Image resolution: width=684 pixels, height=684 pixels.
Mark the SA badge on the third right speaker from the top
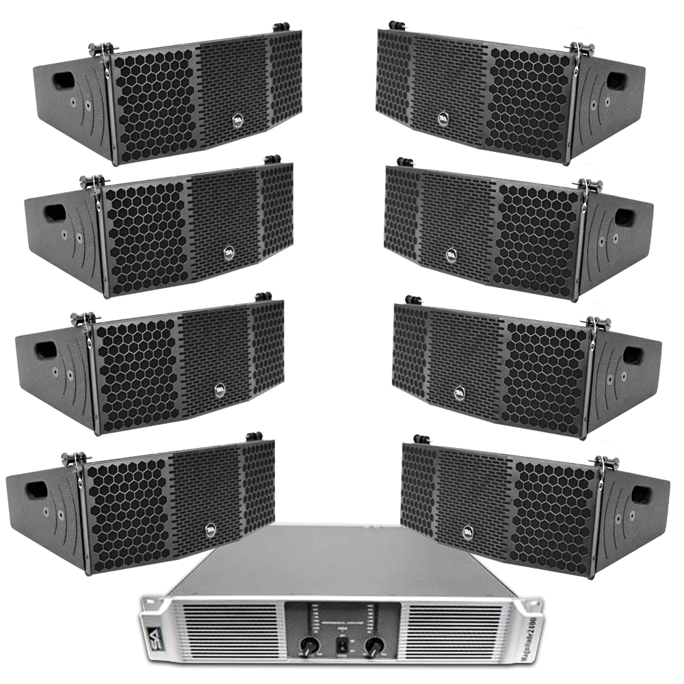tap(459, 393)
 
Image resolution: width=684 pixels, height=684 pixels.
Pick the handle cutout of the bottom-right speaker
tap(640, 493)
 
